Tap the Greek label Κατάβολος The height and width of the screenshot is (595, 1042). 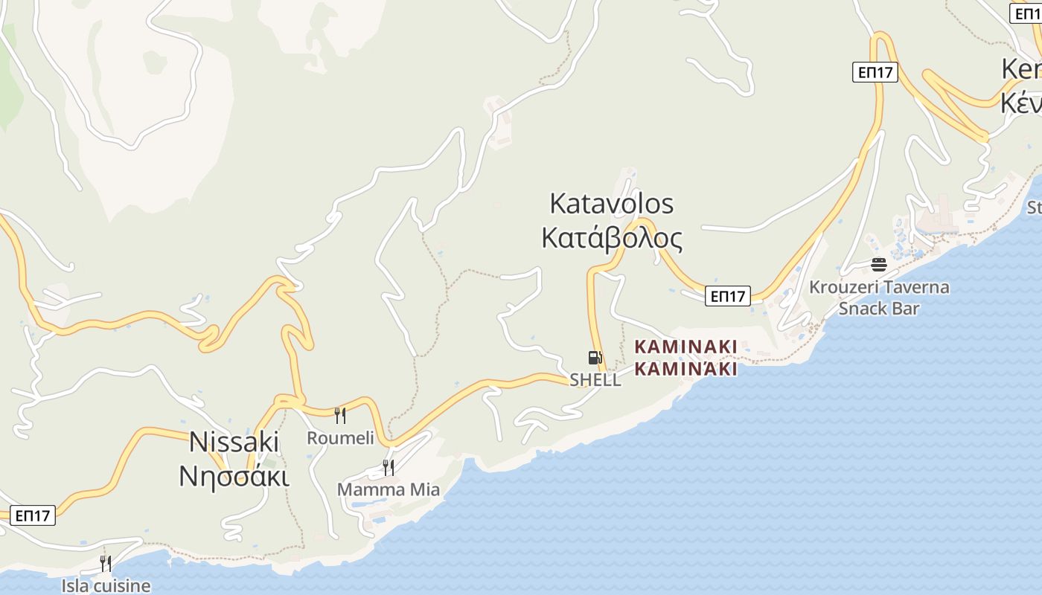pyautogui.click(x=611, y=238)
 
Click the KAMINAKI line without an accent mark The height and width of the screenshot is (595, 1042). pyautogui.click(x=685, y=347)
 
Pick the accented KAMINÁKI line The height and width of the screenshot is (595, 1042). pyautogui.click(x=685, y=368)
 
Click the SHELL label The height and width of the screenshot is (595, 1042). pyautogui.click(x=595, y=380)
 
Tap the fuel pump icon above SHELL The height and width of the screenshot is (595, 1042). pyautogui.click(x=595, y=358)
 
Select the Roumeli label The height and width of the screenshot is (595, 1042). pyautogui.click(x=340, y=438)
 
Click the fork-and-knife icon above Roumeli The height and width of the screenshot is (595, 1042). pyautogui.click(x=340, y=415)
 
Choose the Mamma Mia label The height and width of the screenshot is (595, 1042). pyautogui.click(x=389, y=489)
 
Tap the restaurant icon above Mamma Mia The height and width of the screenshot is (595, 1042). pyautogui.click(x=389, y=467)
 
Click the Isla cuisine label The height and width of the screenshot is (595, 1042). pyautogui.click(x=106, y=586)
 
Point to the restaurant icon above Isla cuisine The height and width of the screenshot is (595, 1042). pyautogui.click(x=106, y=564)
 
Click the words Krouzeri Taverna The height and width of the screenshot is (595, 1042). pyautogui.click(x=879, y=287)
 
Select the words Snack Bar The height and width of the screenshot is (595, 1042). pyautogui.click(x=879, y=308)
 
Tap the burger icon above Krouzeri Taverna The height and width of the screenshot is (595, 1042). pyautogui.click(x=879, y=264)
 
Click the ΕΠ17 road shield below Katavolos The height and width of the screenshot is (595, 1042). pyautogui.click(x=728, y=296)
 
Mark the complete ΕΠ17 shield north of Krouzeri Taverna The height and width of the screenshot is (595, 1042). pyautogui.click(x=875, y=72)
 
